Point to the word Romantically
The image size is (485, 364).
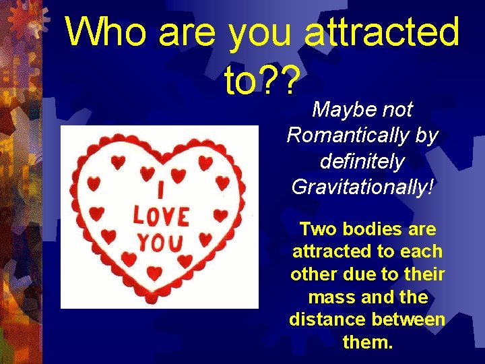[x=350, y=135]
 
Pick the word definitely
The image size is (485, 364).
[x=362, y=162]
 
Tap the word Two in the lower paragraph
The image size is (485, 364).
[x=316, y=229]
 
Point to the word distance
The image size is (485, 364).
[x=329, y=320]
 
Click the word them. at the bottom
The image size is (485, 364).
[x=367, y=342]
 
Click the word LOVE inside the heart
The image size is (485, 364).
[x=161, y=216]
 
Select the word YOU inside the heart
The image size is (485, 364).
[x=161, y=241]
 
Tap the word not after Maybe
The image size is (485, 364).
[x=397, y=109]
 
